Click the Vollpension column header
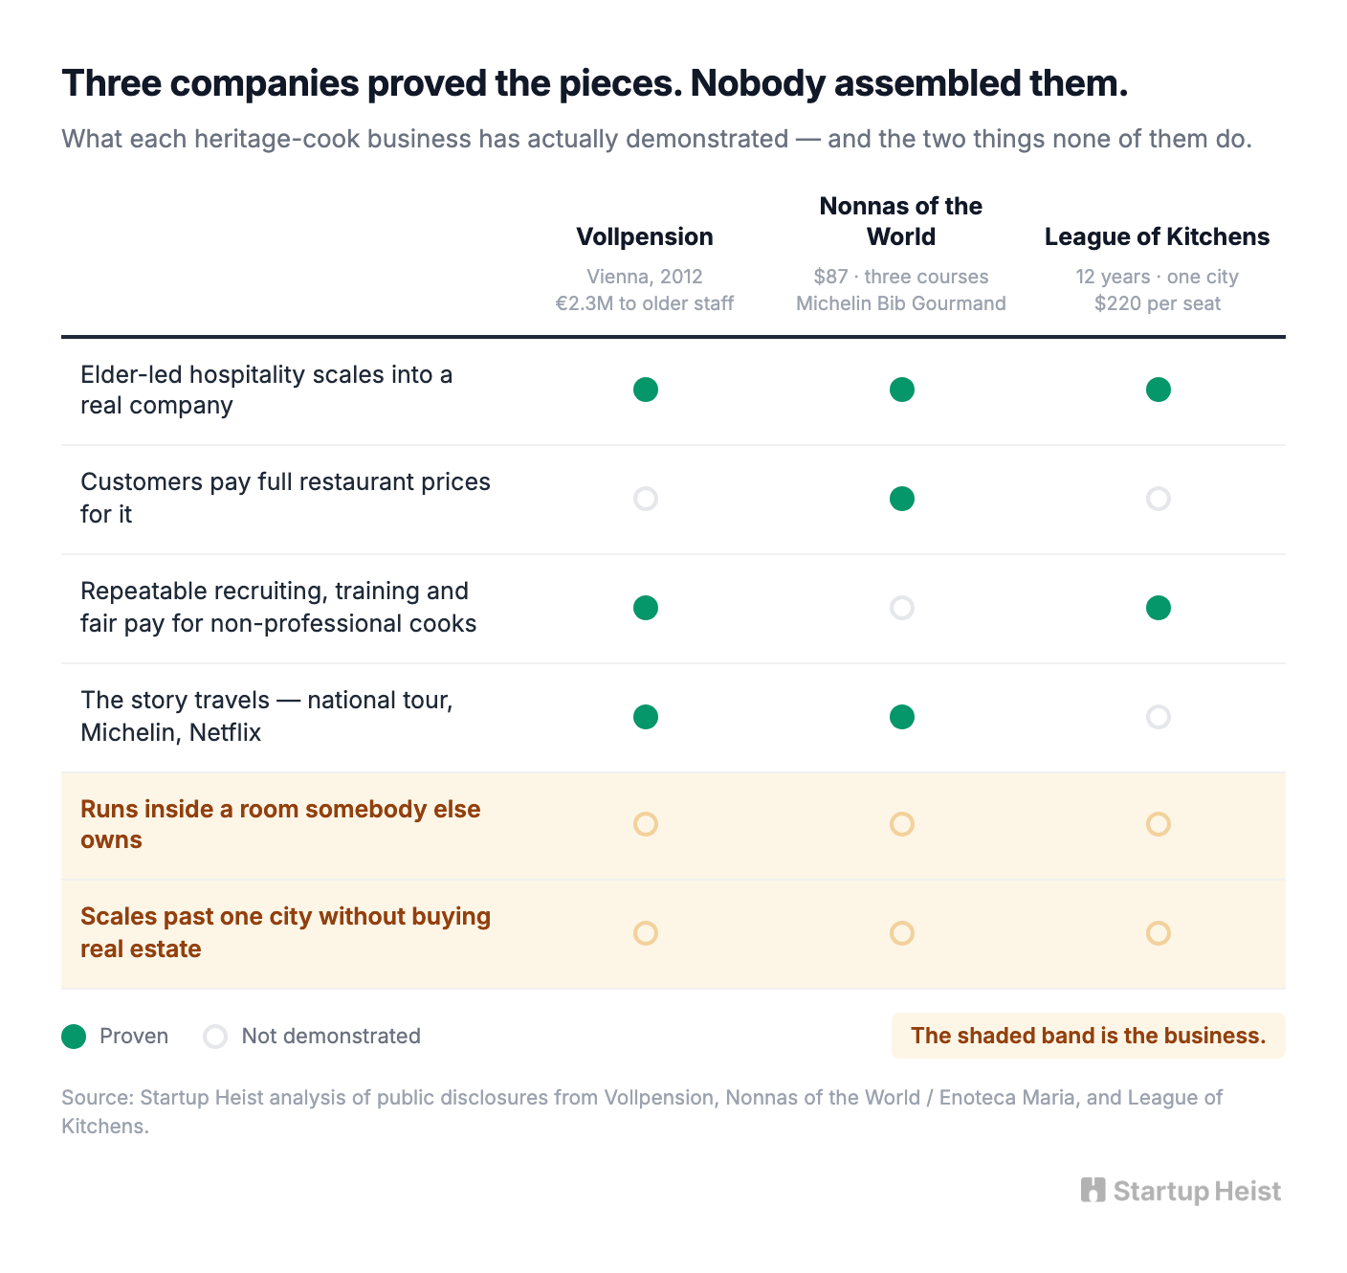click(645, 236)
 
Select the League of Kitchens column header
click(1157, 236)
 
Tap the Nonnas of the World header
click(901, 221)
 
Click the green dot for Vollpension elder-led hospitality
click(646, 390)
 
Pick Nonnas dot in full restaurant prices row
click(902, 499)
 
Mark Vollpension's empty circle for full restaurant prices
click(646, 489)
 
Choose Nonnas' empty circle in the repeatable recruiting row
click(902, 598)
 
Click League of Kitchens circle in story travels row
click(1159, 707)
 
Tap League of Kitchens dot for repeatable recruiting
click(1159, 608)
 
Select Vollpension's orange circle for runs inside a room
click(646, 815)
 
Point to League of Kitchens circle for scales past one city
click(1159, 924)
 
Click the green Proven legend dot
click(74, 1037)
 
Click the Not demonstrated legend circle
click(215, 1027)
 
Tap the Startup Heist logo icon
click(1093, 1191)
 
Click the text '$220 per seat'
click(1157, 303)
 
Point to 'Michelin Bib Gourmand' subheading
click(901, 303)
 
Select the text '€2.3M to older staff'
click(645, 303)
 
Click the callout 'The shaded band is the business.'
click(1088, 1036)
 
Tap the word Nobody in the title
click(758, 83)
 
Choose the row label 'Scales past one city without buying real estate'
click(285, 932)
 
